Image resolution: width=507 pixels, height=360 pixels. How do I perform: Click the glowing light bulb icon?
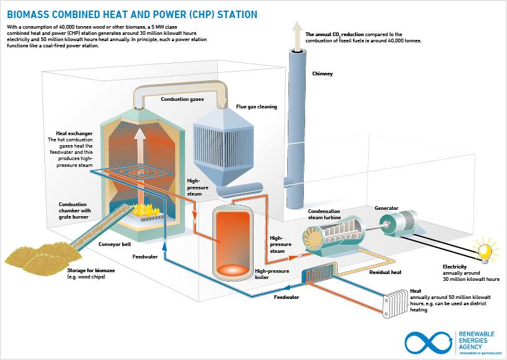coord(484,250)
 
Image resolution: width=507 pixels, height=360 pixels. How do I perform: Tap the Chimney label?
coord(322,73)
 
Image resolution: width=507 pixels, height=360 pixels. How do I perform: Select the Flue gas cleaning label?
coord(256,107)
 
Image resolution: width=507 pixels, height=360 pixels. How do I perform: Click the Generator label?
coord(386,208)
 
